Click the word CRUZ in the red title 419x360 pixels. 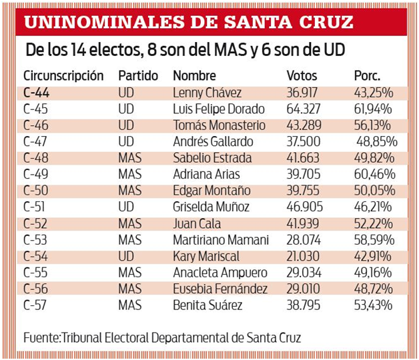click(326, 22)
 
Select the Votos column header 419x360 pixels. click(302, 75)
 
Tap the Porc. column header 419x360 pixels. click(367, 75)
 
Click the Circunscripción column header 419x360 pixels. click(63, 76)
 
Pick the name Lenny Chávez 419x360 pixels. click(207, 93)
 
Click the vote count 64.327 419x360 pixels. click(304, 109)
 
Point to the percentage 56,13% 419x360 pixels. click(372, 125)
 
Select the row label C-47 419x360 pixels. click(35, 141)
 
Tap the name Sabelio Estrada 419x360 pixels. click(212, 158)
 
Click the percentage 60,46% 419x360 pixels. click(375, 175)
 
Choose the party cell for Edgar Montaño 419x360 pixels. click(130, 191)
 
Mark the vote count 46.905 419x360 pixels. click(305, 207)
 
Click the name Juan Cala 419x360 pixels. click(197, 224)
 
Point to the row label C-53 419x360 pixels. click(35, 240)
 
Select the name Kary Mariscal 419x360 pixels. click(206, 257)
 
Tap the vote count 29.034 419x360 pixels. click(304, 273)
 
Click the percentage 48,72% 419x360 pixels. click(374, 289)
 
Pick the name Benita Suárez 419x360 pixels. click(207, 305)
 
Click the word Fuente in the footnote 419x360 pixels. click(41, 338)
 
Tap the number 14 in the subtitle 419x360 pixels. click(78, 50)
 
